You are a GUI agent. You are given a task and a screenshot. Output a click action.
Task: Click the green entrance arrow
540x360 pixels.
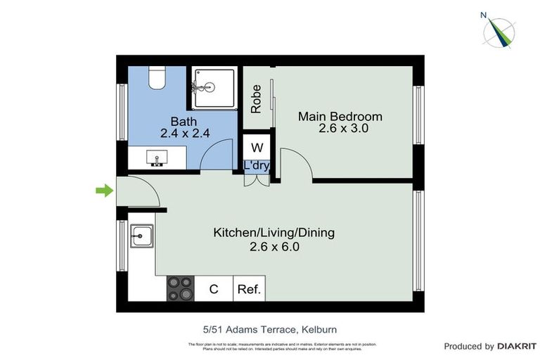[104, 190]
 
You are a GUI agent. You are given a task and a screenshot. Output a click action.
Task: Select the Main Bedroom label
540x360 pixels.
[340, 117]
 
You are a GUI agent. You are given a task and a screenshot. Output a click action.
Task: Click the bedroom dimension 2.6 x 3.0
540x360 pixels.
[343, 129]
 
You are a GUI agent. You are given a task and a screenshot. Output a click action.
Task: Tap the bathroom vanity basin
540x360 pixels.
[156, 157]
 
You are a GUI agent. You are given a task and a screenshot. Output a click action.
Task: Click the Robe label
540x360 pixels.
[256, 99]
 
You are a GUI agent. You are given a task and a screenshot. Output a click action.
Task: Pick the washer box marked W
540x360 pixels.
[257, 148]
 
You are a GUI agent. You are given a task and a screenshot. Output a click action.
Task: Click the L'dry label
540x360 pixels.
[257, 166]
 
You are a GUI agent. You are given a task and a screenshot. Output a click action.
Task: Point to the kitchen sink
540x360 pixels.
[141, 236]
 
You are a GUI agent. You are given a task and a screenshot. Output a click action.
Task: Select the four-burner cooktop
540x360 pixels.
[180, 288]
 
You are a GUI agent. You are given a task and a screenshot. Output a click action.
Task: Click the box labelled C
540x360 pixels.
[214, 289]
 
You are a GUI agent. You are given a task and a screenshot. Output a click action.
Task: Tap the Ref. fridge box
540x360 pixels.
[249, 289]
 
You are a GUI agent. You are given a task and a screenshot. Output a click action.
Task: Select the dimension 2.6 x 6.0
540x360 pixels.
[274, 247]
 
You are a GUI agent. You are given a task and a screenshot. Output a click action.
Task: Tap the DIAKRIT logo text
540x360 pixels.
[517, 346]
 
